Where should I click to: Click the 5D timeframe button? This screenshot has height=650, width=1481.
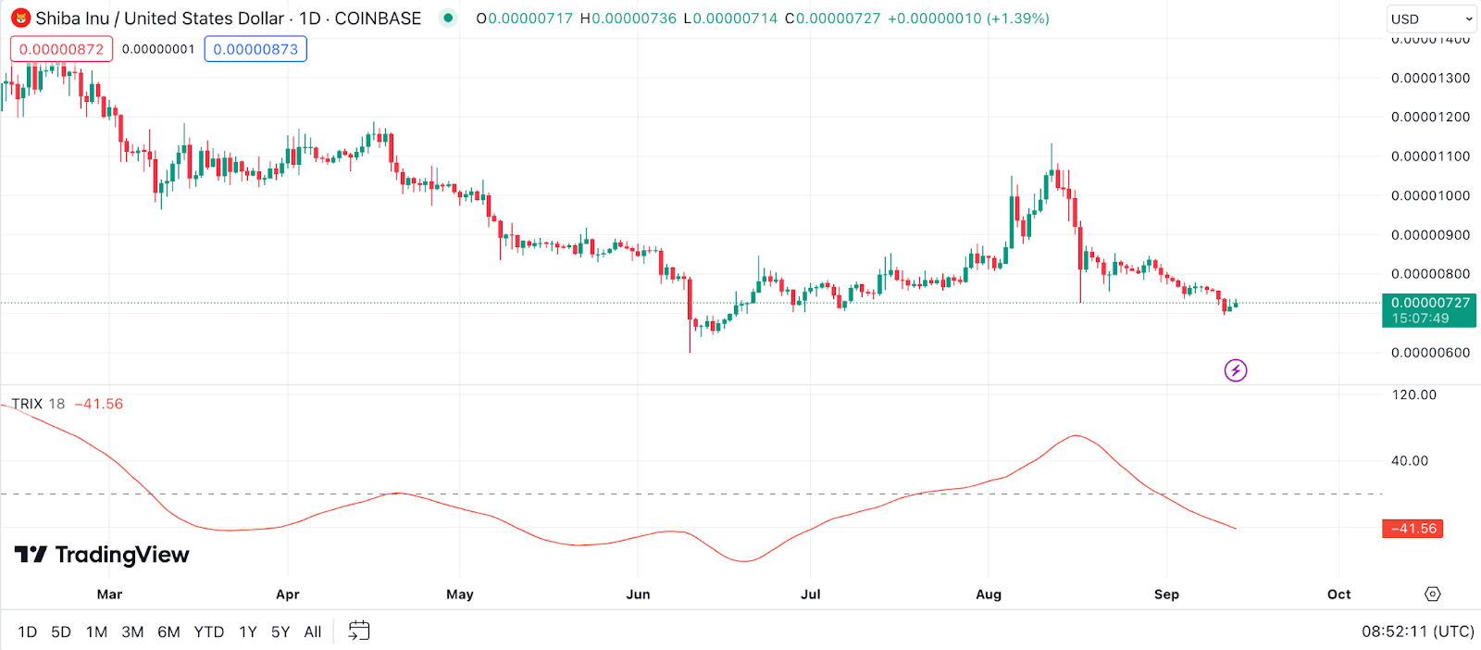pos(61,631)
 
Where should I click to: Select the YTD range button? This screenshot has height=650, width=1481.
pos(208,631)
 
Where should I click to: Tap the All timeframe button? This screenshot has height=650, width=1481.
pos(313,631)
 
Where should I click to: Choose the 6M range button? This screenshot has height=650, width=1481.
pos(168,631)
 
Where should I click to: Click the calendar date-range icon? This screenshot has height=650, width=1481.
pos(359,631)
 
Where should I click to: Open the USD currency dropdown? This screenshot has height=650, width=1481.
pos(1431,19)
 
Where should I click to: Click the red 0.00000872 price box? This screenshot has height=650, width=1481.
pos(62,49)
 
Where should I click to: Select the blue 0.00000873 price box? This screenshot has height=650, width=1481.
pos(255,49)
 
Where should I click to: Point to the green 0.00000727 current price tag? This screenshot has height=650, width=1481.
pos(1429,310)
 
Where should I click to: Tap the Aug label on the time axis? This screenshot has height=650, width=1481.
pos(989,594)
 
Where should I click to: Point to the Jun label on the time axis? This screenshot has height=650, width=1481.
pos(638,594)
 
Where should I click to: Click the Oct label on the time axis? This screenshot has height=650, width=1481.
pos(1338,594)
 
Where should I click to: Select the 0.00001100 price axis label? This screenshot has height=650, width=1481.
pos(1430,156)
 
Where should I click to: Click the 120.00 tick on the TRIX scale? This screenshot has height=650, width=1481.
pos(1414,394)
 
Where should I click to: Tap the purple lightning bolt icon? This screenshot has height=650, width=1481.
pos(1236,370)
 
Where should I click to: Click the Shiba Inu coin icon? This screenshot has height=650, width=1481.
pos(20,19)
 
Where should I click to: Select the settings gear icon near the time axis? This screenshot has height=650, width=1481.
pos(1433,594)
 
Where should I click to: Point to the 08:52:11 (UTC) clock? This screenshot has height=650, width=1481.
pos(1417,631)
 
